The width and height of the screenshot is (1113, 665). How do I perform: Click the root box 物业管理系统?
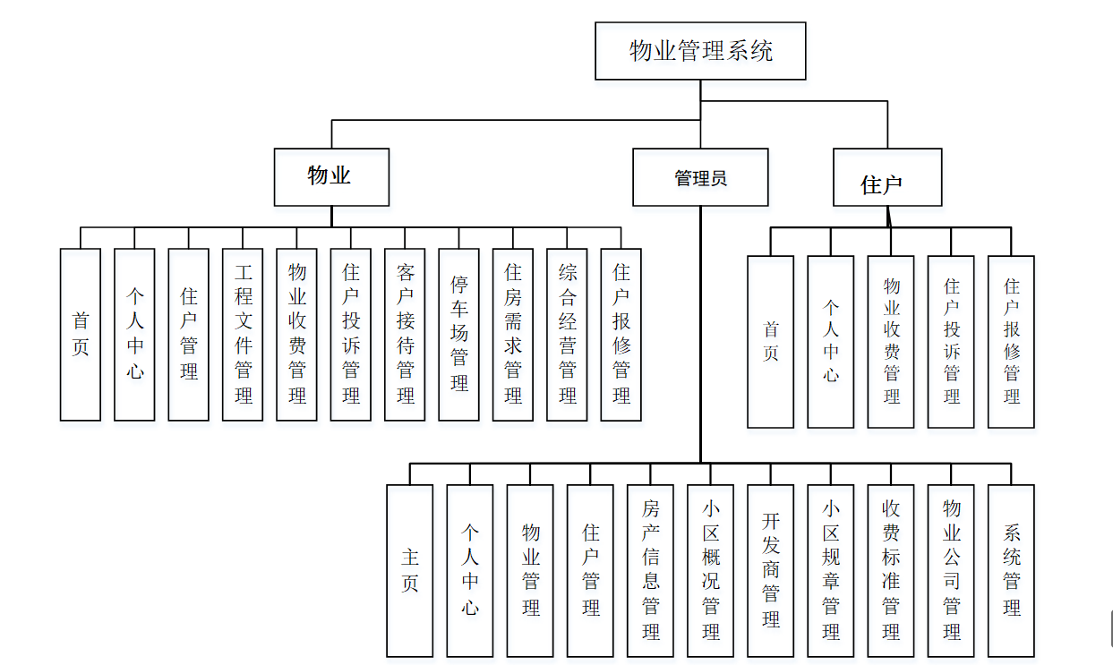700,51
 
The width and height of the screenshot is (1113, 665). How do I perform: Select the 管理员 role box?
700,177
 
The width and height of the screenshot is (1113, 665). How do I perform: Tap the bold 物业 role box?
331,176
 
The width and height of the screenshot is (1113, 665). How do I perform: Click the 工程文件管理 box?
243,334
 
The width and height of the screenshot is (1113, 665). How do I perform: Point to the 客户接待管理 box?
405,334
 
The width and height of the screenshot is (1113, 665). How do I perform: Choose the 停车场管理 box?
458,334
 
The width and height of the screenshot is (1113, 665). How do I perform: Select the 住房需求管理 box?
513,334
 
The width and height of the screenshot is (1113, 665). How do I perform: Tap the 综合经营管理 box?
567,334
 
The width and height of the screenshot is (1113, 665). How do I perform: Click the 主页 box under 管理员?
409,570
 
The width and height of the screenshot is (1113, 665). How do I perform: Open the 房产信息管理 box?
651,570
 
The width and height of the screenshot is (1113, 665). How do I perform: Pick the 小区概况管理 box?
711,570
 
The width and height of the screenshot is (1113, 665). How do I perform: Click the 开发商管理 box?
771,570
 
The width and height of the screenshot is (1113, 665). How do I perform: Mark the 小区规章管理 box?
831,570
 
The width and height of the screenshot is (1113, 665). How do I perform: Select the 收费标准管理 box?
891,570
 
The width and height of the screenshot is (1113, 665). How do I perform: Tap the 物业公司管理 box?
951,570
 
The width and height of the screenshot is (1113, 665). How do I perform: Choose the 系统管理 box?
1011,570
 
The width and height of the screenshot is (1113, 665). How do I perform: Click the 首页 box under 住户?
770,342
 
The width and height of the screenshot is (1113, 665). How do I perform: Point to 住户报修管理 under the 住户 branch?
1011,342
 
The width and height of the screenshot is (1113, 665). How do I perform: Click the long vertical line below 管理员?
700,358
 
